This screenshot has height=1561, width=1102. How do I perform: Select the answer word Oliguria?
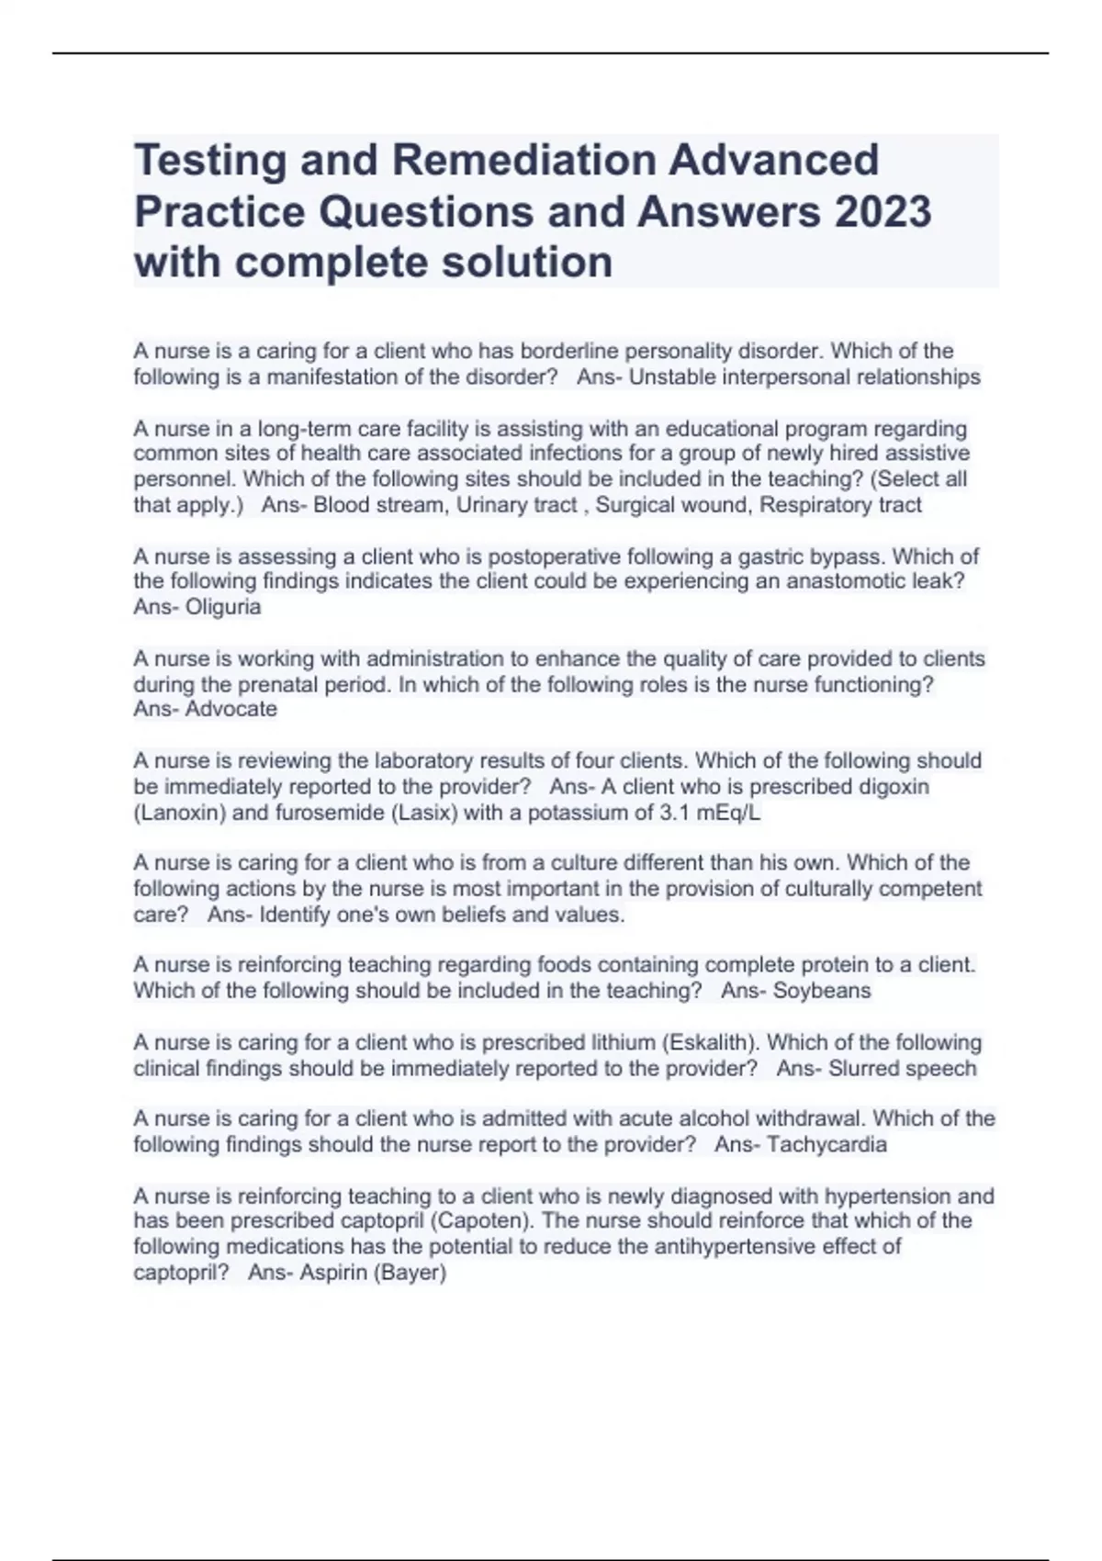coord(223,607)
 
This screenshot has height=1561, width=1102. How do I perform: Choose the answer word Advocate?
coord(231,709)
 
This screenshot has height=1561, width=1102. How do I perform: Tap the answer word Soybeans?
coord(822,991)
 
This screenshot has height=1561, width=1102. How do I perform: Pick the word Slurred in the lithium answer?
coord(863,1069)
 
